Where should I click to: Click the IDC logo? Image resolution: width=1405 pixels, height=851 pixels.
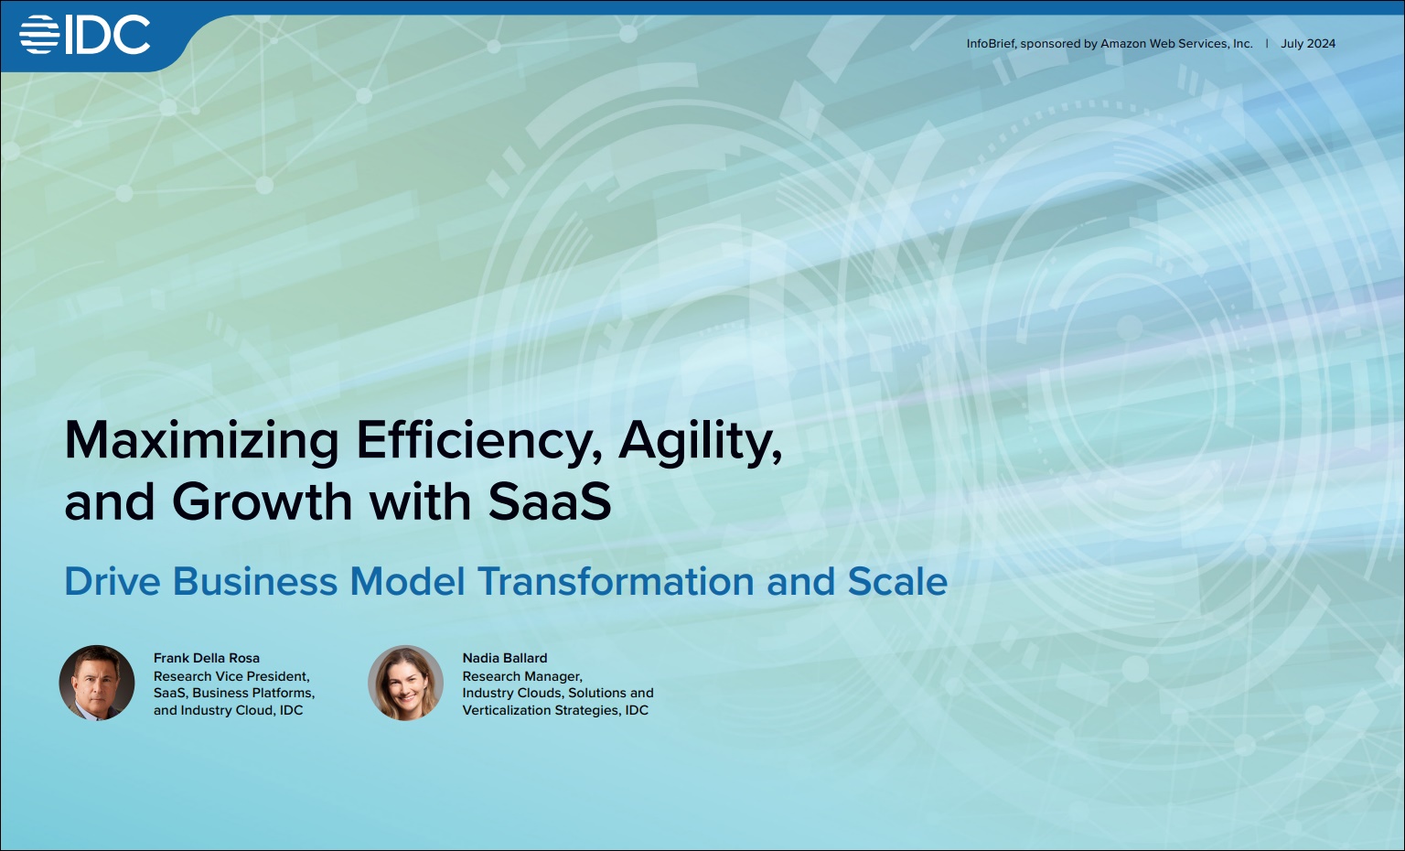click(85, 35)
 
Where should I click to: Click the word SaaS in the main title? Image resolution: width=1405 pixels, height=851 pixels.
click(550, 502)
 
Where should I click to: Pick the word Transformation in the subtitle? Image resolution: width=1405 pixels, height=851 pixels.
click(616, 581)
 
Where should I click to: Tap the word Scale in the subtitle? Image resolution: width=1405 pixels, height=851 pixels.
click(897, 581)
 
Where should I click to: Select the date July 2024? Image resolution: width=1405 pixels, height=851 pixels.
click(1308, 44)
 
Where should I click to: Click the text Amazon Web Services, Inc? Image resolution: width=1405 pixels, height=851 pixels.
click(1176, 44)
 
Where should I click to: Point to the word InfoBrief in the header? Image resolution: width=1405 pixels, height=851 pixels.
click(991, 44)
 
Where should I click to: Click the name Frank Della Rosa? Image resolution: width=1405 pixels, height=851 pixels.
click(207, 658)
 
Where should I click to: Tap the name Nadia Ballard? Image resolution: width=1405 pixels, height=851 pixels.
click(505, 658)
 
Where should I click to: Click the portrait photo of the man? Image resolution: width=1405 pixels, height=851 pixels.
click(97, 683)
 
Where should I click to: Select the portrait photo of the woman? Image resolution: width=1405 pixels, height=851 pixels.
click(405, 683)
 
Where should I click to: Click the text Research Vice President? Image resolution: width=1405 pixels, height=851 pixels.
click(231, 676)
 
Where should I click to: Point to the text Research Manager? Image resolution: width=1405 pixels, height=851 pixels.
click(522, 676)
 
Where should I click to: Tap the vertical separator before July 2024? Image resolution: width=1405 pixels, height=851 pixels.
click(1267, 43)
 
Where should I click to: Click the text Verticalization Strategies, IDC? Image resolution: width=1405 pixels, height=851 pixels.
click(555, 710)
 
